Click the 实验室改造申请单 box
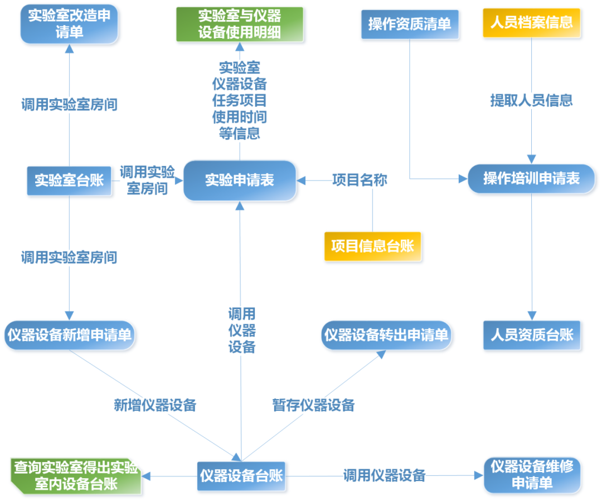[x=69, y=24]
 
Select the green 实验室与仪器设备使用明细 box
[x=240, y=24]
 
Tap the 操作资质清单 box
[x=410, y=25]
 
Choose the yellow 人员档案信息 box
[x=531, y=23]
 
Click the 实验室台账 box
[x=69, y=181]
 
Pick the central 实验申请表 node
[x=240, y=181]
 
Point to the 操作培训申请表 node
[x=531, y=178]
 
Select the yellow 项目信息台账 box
[x=372, y=246]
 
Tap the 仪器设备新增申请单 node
[x=70, y=335]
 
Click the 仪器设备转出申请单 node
[x=386, y=335]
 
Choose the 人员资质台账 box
[x=531, y=335]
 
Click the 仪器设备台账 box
[x=241, y=476]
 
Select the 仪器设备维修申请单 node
[x=532, y=475]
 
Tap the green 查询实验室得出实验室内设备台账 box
[x=76, y=476]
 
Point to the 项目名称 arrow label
[x=360, y=181]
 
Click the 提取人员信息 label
[x=531, y=100]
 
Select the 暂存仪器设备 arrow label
[x=313, y=405]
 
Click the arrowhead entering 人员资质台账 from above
[x=531, y=317]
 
